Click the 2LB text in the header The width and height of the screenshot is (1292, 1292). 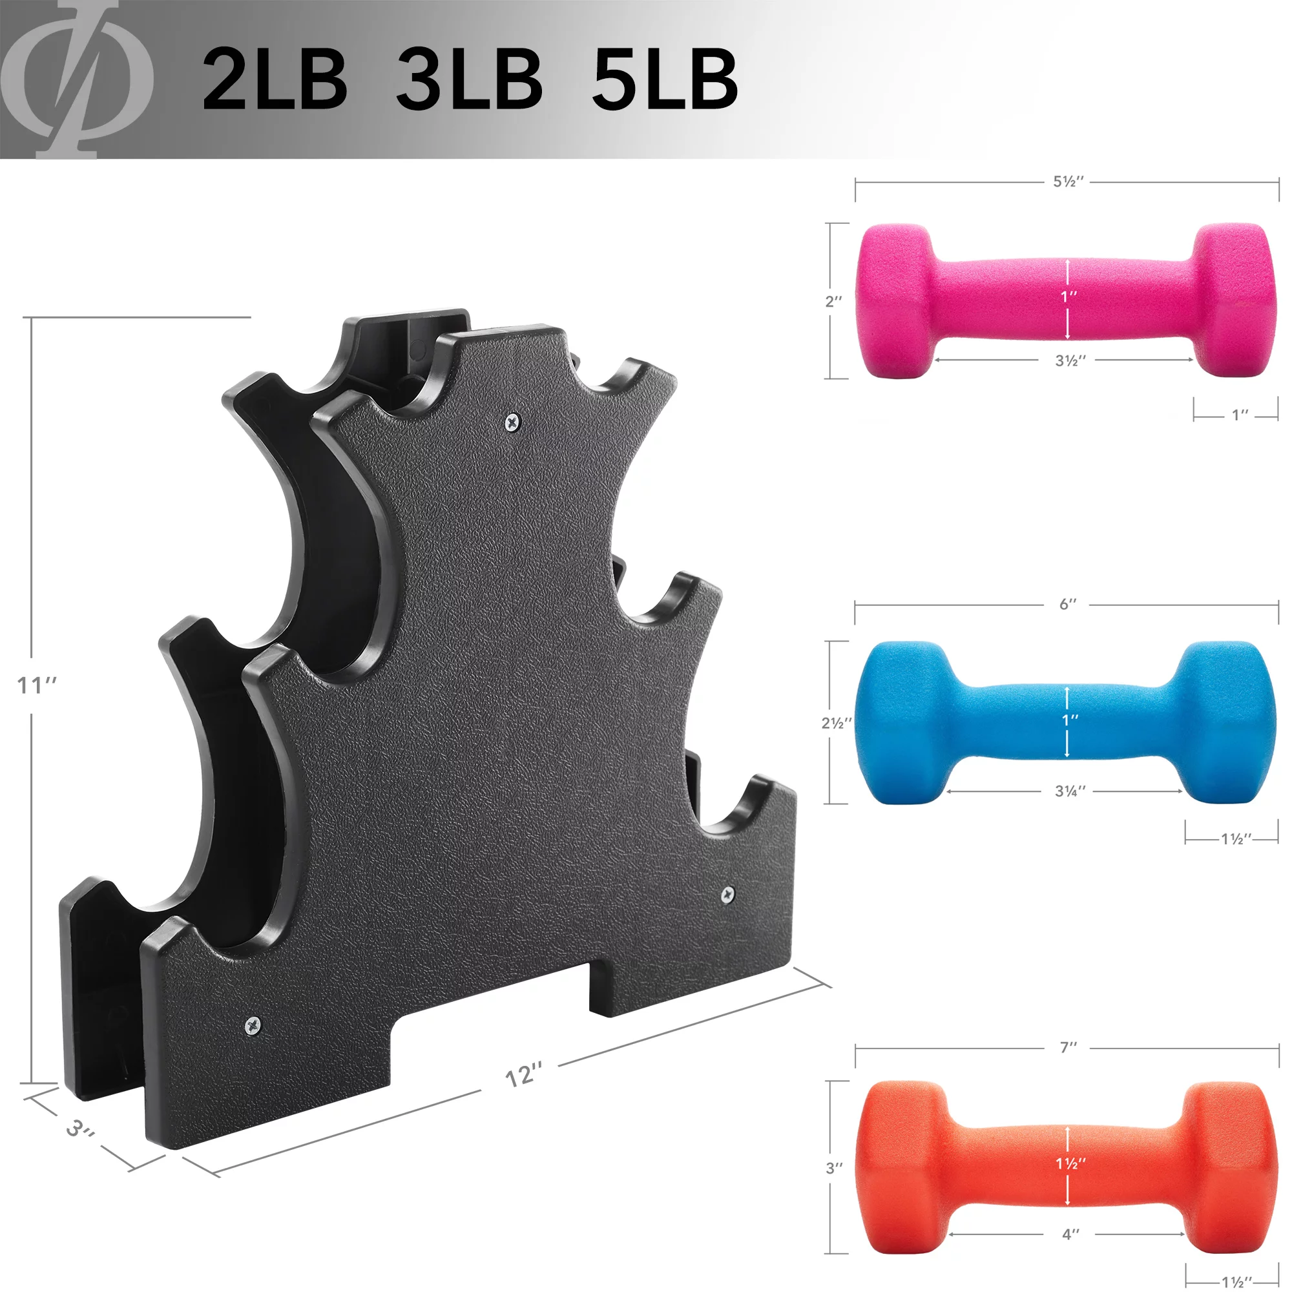(274, 79)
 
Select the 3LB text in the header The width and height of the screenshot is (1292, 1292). (469, 79)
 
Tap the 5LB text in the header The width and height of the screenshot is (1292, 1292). (665, 79)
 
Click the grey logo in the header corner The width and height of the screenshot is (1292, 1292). (77, 79)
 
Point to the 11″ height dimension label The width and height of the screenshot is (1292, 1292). (37, 685)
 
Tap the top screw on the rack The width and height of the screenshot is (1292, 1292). (512, 421)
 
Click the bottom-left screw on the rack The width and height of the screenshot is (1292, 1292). (253, 1024)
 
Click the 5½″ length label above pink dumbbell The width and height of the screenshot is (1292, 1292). (1068, 182)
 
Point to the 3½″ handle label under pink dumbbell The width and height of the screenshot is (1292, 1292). (1070, 360)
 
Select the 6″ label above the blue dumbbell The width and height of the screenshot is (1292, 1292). (1068, 604)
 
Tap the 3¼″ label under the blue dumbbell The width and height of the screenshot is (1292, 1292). (1070, 791)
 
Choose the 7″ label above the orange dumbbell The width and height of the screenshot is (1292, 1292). (1068, 1047)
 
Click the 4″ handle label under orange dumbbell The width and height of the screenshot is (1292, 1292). (1070, 1234)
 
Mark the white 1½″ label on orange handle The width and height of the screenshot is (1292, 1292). (1070, 1163)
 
